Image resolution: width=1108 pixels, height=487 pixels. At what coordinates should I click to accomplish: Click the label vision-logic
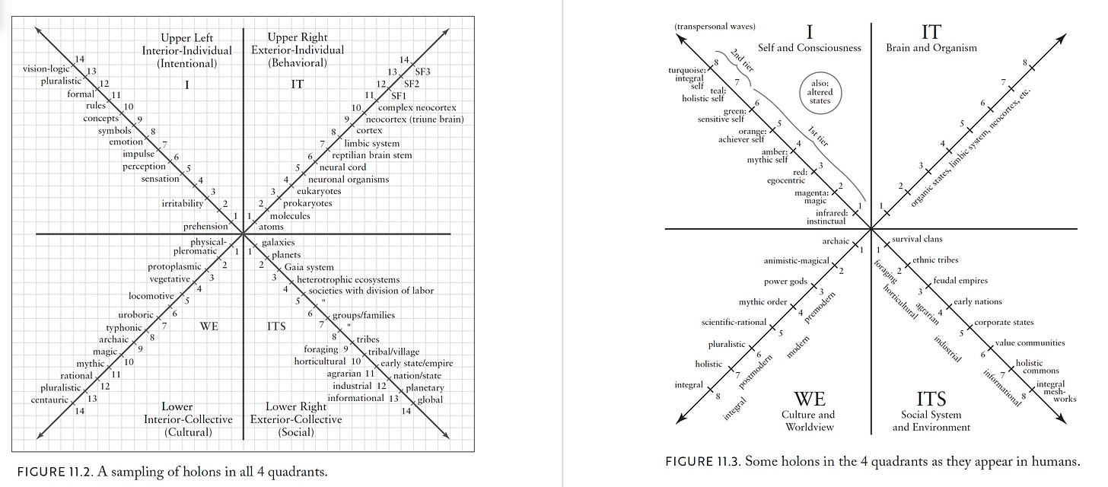pyautogui.click(x=47, y=69)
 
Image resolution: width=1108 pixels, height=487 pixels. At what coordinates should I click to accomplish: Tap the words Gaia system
pyautogui.click(x=309, y=267)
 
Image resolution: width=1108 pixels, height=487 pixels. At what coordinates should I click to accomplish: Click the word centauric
pyautogui.click(x=50, y=399)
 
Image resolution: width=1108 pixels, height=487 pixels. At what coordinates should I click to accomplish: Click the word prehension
pyautogui.click(x=205, y=226)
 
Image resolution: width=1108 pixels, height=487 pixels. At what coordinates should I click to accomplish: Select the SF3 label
pyautogui.click(x=422, y=72)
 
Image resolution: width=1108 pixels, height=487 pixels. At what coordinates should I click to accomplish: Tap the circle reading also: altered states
pyautogui.click(x=820, y=91)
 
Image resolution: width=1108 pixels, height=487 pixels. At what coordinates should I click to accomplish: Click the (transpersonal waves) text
pyautogui.click(x=715, y=27)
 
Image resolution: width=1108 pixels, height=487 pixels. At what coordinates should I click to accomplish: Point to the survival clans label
pyautogui.click(x=917, y=239)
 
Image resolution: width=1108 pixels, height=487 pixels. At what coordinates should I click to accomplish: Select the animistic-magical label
pyautogui.click(x=795, y=261)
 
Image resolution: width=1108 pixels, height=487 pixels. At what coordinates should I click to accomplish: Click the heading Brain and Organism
pyautogui.click(x=931, y=47)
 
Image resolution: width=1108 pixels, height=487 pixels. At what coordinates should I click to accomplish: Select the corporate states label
pyautogui.click(x=1004, y=323)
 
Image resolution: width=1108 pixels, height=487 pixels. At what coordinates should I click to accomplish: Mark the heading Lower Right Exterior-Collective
pyautogui.click(x=304, y=413)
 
